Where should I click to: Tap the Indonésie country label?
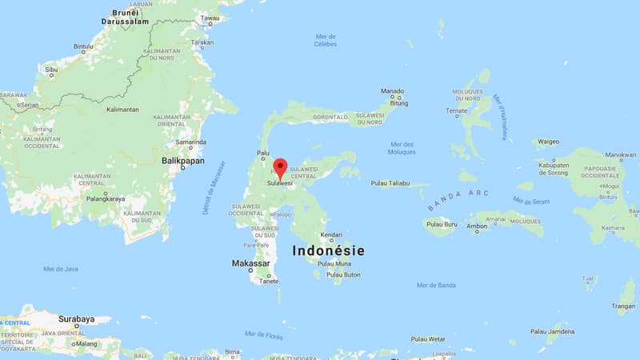tap(328, 250)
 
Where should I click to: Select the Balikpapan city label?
tap(184, 161)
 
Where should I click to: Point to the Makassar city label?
tap(250, 263)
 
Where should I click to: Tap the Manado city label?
tap(392, 91)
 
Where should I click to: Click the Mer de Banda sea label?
tap(436, 285)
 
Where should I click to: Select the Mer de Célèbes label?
tap(325, 40)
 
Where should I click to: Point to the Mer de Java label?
tap(61, 269)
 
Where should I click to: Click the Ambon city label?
tap(477, 227)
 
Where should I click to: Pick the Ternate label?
tap(457, 110)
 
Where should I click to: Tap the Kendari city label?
tap(331, 235)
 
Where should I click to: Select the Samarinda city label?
tap(191, 142)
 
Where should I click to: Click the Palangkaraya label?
tap(107, 198)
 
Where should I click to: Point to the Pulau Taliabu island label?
tap(390, 183)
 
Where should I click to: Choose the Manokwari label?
tap(621, 155)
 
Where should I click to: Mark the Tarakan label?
tap(202, 42)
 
